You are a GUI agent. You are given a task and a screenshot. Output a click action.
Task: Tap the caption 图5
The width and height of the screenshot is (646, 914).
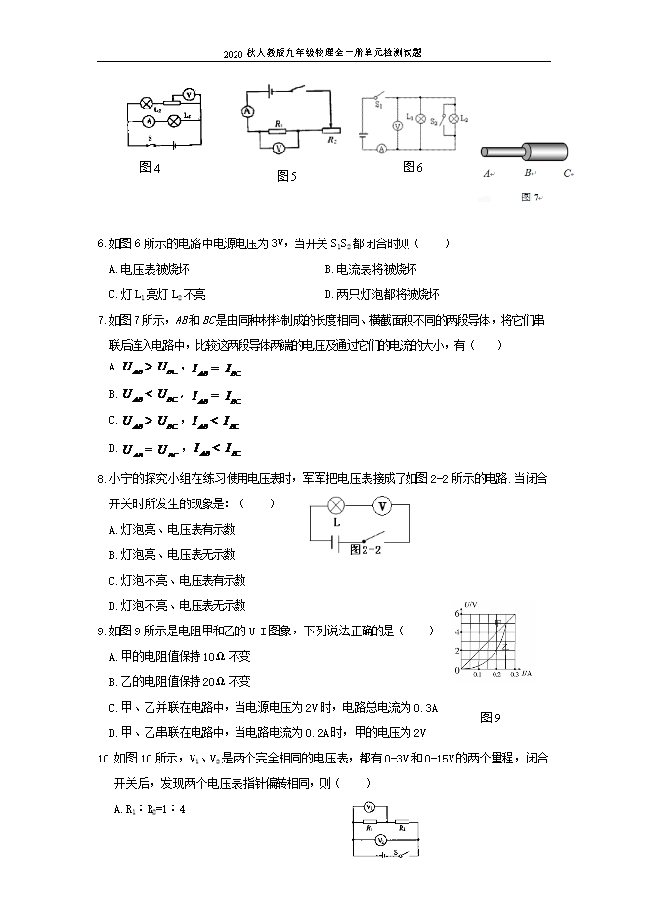coord(286,176)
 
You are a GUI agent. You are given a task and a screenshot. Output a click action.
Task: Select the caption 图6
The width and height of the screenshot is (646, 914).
coord(412,167)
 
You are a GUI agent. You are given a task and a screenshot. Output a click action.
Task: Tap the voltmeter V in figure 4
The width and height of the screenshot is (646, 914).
coord(192,93)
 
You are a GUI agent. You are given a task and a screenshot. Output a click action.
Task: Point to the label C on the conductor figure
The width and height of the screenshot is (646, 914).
coord(567,174)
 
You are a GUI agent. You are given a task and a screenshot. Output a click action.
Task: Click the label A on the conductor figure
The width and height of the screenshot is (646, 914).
coord(486,174)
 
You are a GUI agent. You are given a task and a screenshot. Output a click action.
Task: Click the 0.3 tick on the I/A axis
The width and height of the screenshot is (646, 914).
coord(514,675)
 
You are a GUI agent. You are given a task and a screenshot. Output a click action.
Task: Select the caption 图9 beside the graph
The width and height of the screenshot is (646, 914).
coord(491,718)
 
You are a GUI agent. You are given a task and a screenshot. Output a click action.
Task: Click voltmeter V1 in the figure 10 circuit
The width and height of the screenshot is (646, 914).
coord(369,807)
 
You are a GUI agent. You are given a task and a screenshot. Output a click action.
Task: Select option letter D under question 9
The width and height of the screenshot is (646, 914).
coord(111,732)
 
